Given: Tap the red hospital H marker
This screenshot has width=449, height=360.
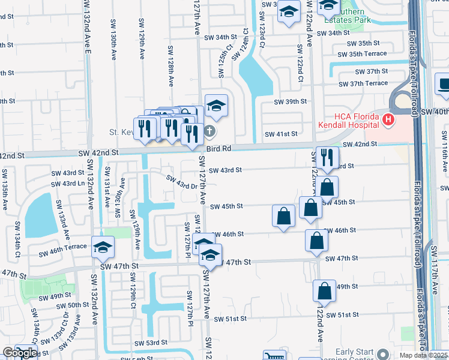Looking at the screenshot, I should pyautogui.click(x=388, y=120).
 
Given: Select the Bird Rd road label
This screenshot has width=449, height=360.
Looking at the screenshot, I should pyautogui.click(x=218, y=148).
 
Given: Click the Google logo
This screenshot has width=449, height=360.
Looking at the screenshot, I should pyautogui.click(x=19, y=353).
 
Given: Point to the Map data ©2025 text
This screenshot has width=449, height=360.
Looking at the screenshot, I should pyautogui.click(x=424, y=355).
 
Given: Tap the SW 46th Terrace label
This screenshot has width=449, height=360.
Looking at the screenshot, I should pyautogui.click(x=63, y=247).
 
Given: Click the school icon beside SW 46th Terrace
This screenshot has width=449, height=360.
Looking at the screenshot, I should pyautogui.click(x=102, y=247).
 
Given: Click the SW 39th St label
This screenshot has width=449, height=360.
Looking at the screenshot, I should pyautogui.click(x=291, y=102).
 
